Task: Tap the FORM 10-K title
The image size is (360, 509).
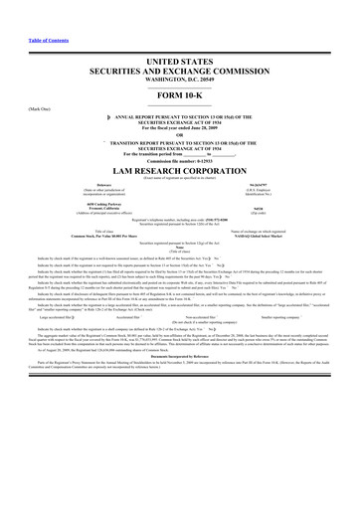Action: click(180, 110)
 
